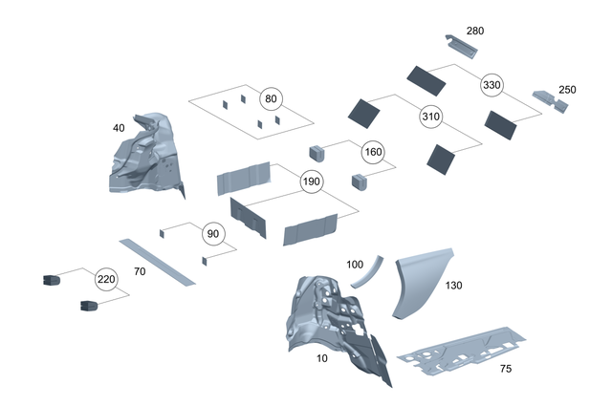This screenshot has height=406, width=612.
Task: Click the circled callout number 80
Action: coord(271,98)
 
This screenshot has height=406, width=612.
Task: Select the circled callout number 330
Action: coord(492,83)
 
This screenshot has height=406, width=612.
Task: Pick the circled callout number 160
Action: coord(372,151)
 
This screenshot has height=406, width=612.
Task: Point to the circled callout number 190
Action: coord(312,182)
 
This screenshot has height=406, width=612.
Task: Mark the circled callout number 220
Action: coord(105,280)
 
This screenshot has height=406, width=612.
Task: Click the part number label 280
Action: coord(475,31)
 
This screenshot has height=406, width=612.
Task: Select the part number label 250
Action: coord(567,89)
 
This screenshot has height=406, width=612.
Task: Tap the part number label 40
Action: coord(119,127)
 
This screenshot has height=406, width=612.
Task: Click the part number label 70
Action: coord(139,272)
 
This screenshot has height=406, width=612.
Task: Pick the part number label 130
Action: coord(453,286)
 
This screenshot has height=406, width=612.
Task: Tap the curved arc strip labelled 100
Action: coord(366,273)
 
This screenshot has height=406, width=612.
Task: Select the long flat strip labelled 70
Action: coord(155,262)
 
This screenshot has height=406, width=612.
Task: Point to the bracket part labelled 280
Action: coord(466,47)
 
